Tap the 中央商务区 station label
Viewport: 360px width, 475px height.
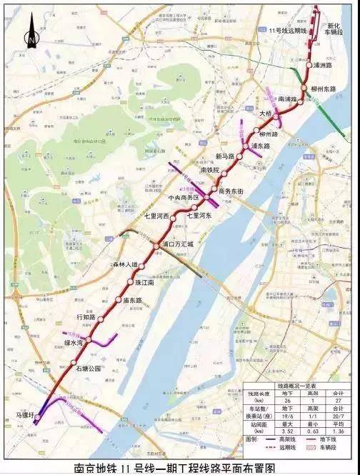point(183,196)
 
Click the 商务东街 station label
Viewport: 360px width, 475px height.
point(231,191)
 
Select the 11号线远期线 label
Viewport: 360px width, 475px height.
point(288,31)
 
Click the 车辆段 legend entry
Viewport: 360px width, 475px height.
point(336,451)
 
